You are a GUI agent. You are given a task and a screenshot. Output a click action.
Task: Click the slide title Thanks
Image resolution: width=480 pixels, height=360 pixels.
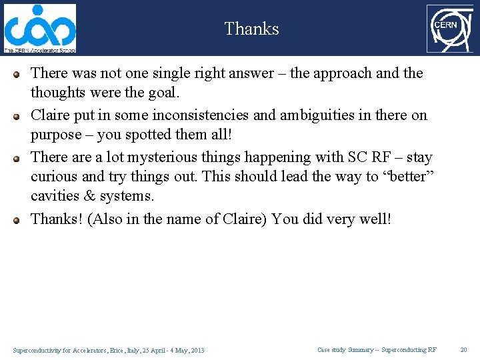coord(251,29)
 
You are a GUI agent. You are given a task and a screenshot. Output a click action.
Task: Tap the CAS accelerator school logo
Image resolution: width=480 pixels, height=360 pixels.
coord(40,28)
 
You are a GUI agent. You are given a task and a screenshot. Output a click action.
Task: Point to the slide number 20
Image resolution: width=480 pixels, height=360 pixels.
coord(464,349)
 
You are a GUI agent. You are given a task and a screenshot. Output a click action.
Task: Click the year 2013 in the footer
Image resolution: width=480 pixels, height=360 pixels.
coord(197,350)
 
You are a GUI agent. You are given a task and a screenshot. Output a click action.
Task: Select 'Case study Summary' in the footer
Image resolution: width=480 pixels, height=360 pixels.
coord(345,349)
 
